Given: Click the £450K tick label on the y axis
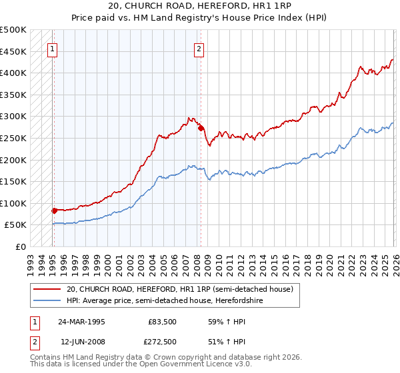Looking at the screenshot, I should pos(13,52).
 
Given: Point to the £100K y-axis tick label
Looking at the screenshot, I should pos(13,204).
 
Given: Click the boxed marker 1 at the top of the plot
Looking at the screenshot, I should pos(52,48).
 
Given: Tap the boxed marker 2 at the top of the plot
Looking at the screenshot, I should pos(199,48).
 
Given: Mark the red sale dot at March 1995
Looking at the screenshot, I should pos(54,210).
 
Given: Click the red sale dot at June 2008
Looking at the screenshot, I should pos(200,129).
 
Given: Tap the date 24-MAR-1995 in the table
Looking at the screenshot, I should pos(82,321).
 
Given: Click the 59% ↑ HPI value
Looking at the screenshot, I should pos(220,321).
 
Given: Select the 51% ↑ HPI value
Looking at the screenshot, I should pos(220,341).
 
